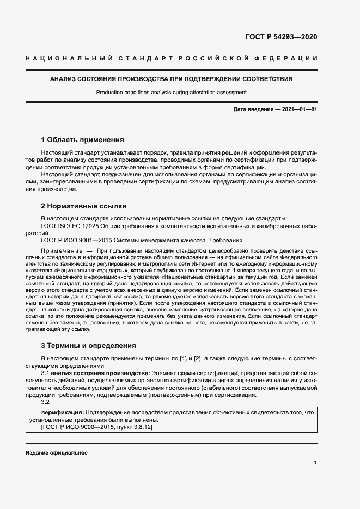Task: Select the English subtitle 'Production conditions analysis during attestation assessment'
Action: (171, 93)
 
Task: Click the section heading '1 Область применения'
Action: (82, 140)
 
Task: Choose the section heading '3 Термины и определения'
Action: (88, 345)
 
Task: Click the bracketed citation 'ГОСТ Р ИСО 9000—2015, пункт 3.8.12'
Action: (97, 428)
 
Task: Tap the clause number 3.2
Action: (46, 402)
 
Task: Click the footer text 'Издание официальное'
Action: (56, 453)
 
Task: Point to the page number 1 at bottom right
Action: (315, 463)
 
